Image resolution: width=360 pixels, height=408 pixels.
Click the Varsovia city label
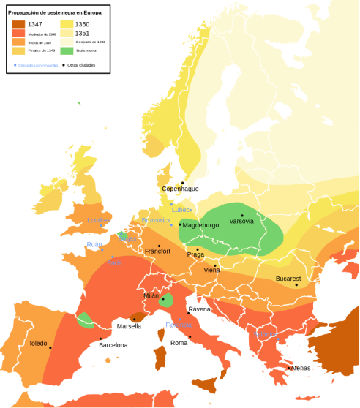[241, 221]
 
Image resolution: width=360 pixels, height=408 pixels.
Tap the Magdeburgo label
[201, 225]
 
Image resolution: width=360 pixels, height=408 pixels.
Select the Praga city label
[195, 254]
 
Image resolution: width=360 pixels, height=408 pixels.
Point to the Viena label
[211, 270]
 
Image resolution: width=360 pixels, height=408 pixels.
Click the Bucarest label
[288, 279]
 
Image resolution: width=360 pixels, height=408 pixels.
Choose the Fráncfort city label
[157, 251]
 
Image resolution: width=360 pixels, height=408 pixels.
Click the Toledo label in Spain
[38, 343]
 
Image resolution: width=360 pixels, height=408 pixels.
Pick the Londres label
[99, 220]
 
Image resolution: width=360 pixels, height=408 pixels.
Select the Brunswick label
[156, 220]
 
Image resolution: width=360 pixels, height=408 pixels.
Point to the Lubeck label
[182, 209]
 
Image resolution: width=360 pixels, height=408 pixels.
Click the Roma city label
[179, 342]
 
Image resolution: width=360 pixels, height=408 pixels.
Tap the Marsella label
[129, 325]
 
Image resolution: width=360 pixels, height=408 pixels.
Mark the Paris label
[114, 262]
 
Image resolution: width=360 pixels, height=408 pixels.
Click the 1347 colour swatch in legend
[17, 24]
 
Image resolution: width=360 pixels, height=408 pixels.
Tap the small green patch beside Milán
[168, 300]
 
